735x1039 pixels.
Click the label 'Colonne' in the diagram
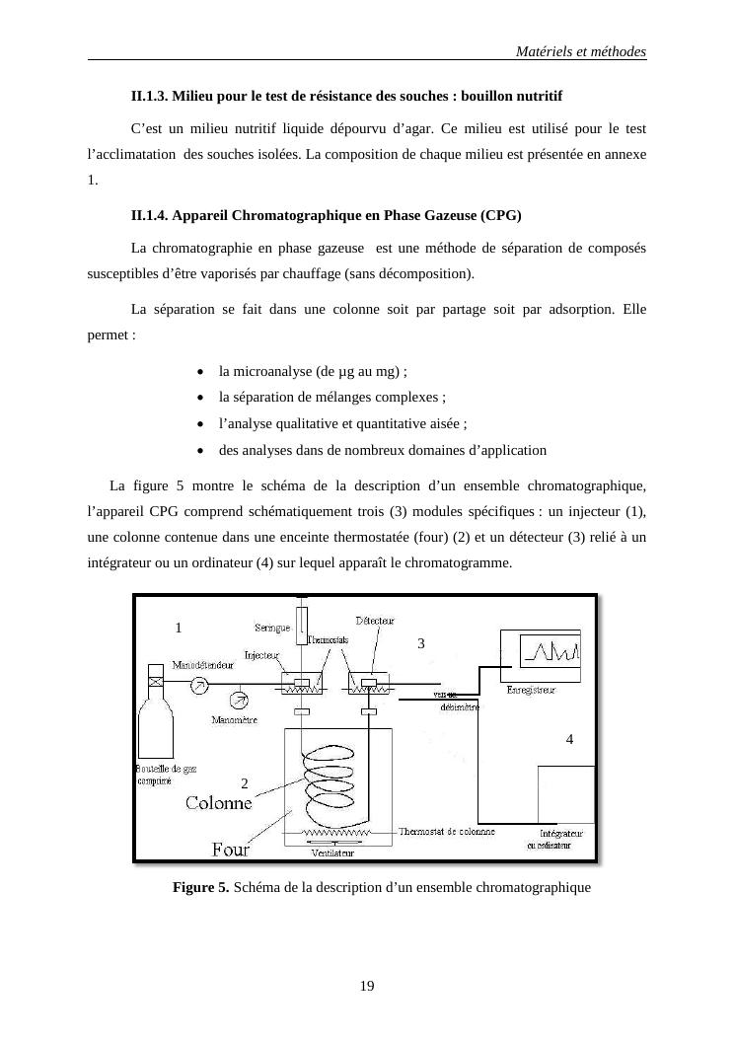[218, 803]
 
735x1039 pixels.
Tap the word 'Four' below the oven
[231, 849]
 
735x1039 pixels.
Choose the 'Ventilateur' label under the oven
[333, 853]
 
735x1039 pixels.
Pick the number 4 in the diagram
[569, 739]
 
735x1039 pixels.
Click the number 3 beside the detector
[420, 643]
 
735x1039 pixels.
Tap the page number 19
[367, 986]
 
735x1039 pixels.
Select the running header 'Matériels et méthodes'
[581, 50]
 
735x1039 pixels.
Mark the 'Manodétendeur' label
[210, 665]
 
